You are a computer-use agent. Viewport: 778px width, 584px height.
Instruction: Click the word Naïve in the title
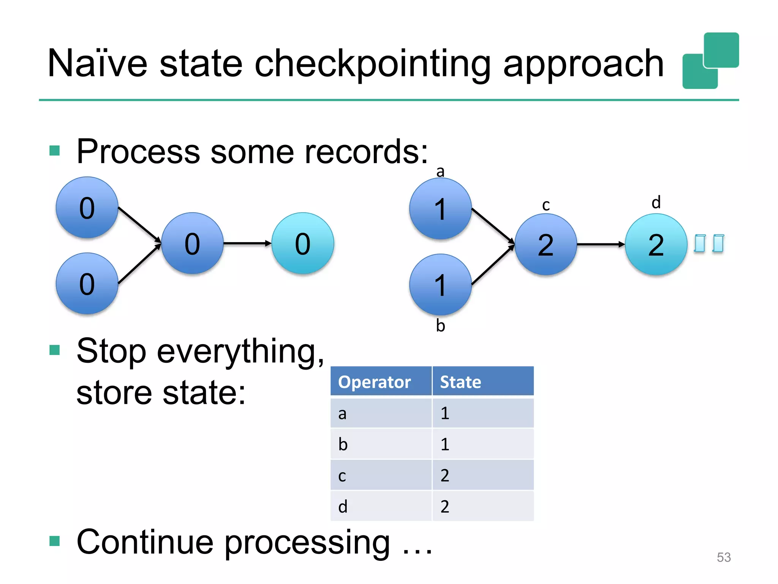tap(97, 64)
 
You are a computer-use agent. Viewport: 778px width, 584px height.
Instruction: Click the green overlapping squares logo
tap(710, 61)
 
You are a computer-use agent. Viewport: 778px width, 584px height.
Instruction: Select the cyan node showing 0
tap(303, 243)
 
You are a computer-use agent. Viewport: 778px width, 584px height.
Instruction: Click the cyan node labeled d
tap(656, 244)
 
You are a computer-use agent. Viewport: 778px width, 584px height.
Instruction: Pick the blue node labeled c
tap(546, 244)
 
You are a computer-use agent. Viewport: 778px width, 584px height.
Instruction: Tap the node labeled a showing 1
tap(440, 209)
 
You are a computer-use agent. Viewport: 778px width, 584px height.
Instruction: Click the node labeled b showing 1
tap(440, 285)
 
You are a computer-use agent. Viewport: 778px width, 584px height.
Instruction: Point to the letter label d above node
tap(656, 202)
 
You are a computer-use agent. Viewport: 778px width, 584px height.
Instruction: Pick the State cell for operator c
tap(482, 475)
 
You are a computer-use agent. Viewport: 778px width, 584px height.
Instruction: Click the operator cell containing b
tap(381, 444)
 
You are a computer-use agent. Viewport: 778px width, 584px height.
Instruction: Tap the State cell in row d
tap(482, 506)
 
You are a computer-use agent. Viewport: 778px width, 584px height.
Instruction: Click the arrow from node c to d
tap(600, 244)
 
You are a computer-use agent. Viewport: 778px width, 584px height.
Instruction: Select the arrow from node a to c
tap(493, 225)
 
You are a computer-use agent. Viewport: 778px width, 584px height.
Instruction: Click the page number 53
tap(723, 557)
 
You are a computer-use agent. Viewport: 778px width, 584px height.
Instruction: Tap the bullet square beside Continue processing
tap(55, 540)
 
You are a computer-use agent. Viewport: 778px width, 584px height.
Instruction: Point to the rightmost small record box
tap(718, 243)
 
